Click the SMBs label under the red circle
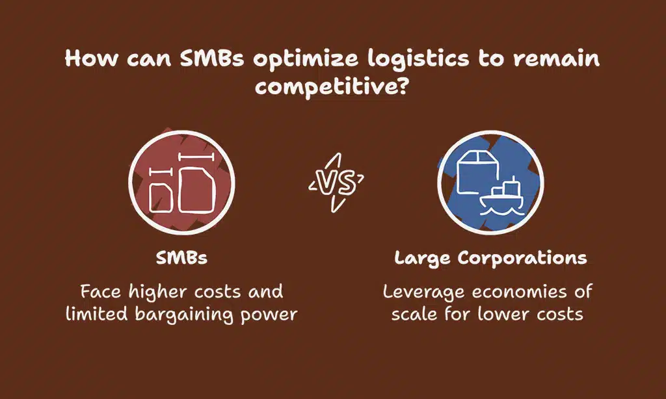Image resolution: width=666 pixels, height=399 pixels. point(181,258)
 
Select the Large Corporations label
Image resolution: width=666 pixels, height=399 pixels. point(490,258)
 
